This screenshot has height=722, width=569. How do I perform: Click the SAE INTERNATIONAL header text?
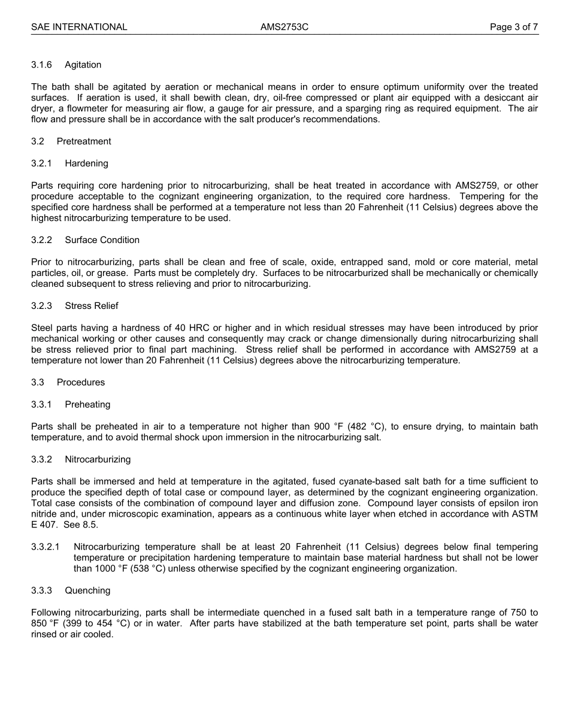pos(79,27)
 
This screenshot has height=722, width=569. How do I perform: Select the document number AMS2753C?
pos(284,27)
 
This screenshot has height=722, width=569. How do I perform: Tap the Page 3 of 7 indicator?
pos(513,27)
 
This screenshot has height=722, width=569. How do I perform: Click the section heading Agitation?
pos(83,65)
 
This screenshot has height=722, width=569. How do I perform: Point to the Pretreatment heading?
pos(84,141)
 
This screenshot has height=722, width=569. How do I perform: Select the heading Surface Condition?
pos(102,240)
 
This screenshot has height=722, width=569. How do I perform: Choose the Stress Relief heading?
pos(92,306)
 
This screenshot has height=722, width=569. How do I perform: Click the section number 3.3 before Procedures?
pos(38,383)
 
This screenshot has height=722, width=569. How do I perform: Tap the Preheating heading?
pos(87,405)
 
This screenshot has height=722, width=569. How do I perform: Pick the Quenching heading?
pos(87,591)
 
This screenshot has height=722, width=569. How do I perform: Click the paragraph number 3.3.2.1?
pos(46,547)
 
